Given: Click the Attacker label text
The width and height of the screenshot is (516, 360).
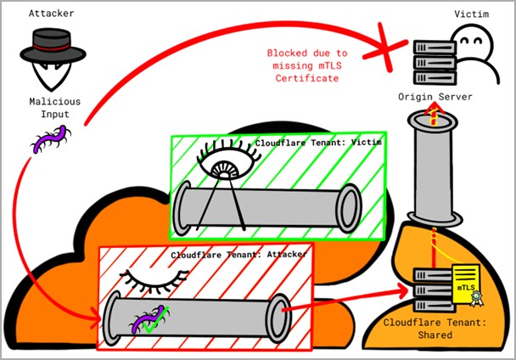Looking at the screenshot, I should [50, 14].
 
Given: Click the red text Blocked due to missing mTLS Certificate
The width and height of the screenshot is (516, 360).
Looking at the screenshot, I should [306, 65].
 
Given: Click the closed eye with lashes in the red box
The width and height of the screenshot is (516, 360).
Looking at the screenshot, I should [148, 277].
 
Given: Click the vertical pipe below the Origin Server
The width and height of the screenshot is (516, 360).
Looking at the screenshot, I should [434, 169].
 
